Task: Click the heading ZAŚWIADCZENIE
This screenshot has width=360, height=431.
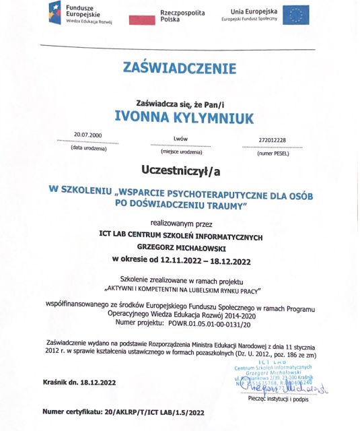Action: tap(179, 69)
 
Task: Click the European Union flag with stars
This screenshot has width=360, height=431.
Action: tap(295, 15)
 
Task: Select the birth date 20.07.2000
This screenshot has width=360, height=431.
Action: tap(87, 135)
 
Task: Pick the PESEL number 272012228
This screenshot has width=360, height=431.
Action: tap(272, 140)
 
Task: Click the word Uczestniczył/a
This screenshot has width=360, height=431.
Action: tap(180, 167)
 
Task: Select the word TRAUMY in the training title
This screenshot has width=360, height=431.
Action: tap(223, 203)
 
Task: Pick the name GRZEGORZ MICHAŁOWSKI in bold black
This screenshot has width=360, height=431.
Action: tap(178, 247)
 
